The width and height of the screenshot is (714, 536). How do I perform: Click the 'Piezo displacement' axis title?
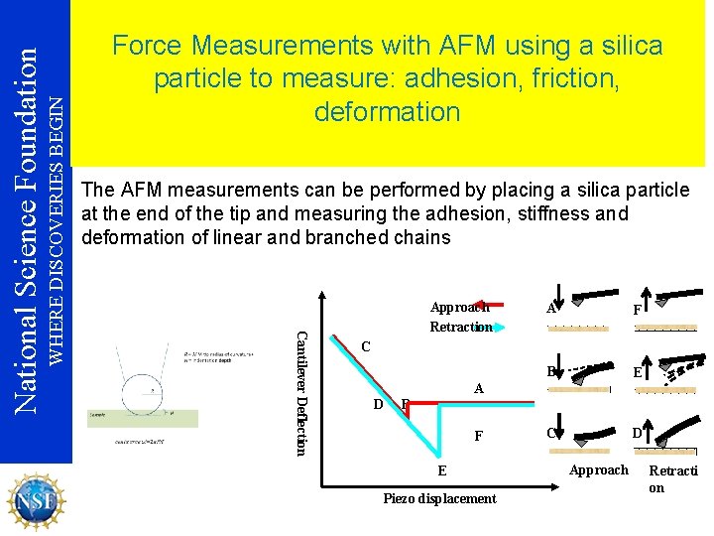439,498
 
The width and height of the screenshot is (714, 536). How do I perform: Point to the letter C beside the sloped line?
366,347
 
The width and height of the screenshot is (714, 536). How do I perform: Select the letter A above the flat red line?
478,389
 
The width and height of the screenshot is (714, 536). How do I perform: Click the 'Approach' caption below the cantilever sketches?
598,469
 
